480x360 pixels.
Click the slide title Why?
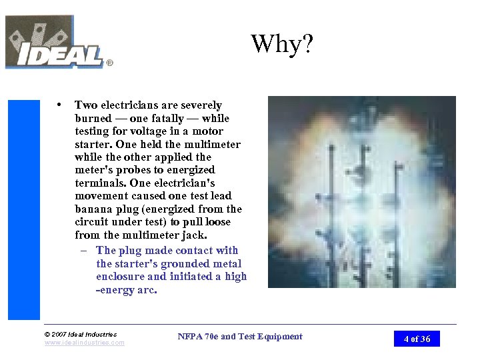(x=282, y=45)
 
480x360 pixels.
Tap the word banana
(x=95, y=209)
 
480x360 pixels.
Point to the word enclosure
(x=119, y=276)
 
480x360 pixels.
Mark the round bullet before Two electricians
(x=61, y=105)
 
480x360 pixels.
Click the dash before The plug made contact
(x=85, y=251)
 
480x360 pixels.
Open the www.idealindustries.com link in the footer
(x=84, y=343)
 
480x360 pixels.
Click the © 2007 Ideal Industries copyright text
(x=80, y=334)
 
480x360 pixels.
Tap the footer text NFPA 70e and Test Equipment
(x=240, y=337)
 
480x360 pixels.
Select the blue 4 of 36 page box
(x=417, y=339)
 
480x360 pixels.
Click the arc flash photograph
(x=361, y=192)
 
